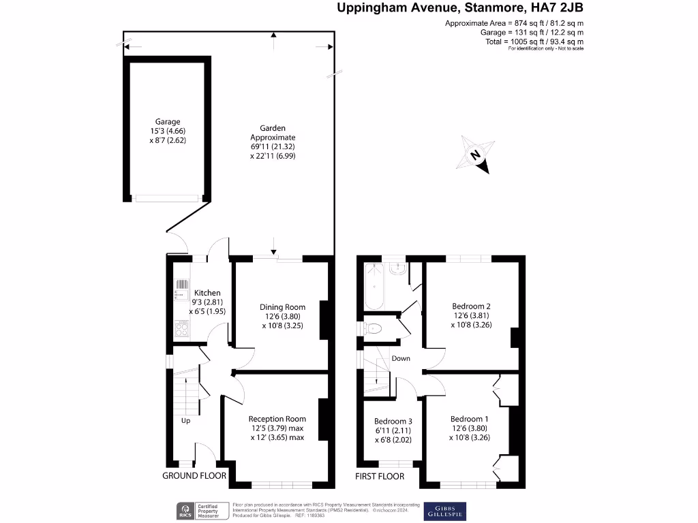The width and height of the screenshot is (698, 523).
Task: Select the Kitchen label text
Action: point(207,293)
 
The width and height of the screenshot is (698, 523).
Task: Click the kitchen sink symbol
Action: point(182,289)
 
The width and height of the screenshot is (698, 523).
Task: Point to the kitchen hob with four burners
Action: point(182,329)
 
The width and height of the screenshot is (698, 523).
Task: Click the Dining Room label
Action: point(282,306)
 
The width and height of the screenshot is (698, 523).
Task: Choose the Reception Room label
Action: point(277,419)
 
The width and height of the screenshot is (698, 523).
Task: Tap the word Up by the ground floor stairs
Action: point(185,421)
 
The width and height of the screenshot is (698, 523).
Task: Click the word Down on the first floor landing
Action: point(401,358)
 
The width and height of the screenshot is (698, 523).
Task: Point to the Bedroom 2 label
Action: point(471,306)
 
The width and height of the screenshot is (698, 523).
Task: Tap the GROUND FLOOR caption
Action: point(194,476)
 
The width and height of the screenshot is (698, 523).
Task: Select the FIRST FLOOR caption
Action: point(380,476)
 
